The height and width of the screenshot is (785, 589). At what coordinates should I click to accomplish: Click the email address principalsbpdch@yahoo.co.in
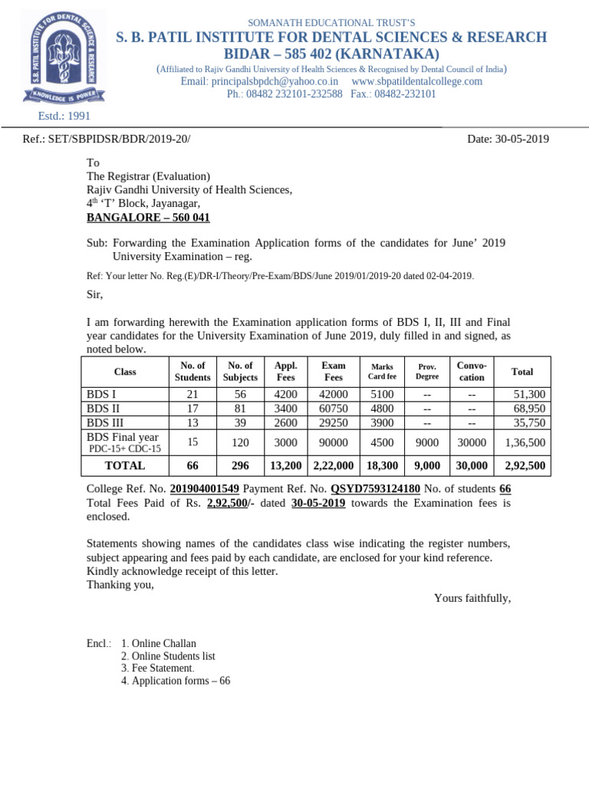coord(259,81)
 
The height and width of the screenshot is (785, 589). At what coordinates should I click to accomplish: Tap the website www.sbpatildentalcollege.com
coord(416,81)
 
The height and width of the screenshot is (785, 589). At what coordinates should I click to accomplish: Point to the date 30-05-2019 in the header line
coord(508,139)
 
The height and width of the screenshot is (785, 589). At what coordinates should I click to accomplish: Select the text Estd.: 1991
coord(64,116)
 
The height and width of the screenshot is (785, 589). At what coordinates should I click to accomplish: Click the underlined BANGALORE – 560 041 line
coord(148,218)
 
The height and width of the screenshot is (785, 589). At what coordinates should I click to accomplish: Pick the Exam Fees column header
coord(334,371)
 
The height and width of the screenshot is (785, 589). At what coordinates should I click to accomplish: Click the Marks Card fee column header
coord(382,372)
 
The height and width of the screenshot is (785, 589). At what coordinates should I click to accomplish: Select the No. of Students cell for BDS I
coord(192,394)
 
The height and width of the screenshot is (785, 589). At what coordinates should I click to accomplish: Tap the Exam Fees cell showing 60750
coord(334,409)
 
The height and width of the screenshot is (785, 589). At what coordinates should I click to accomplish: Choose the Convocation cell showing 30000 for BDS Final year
coord(472,442)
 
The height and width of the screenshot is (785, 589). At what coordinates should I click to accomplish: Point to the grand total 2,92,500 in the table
coord(525,465)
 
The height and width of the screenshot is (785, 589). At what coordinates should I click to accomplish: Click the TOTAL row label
coord(125,465)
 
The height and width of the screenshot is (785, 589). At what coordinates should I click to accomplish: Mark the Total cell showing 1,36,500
coord(525,442)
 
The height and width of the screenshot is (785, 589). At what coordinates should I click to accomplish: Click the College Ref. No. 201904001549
coord(204,488)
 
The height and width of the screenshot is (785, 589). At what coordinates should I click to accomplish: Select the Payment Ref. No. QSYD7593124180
coord(375,488)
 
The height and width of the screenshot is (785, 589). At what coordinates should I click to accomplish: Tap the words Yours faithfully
coord(472,598)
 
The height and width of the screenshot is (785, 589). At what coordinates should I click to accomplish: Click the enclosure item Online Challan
coord(163,643)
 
